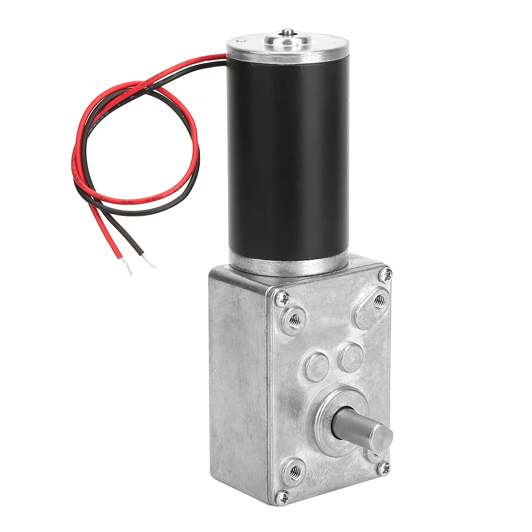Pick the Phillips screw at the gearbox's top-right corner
point(386,274)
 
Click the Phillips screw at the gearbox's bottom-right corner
point(384,468)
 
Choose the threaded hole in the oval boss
point(379,301)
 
